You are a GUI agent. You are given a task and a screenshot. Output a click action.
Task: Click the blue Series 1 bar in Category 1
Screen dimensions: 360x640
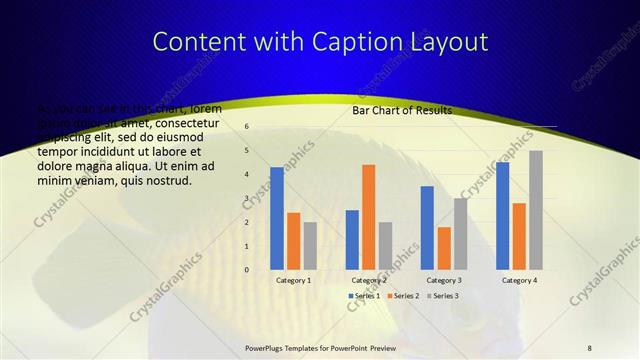point(277,218)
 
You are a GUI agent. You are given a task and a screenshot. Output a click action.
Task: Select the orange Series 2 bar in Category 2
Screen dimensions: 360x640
point(368,217)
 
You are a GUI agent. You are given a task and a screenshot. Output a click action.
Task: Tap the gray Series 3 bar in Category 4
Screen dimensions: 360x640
point(536,210)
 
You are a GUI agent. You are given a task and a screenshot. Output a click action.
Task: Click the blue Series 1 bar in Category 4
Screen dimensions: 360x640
point(502,216)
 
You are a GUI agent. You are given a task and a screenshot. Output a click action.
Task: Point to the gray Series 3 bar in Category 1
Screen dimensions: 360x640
point(310,246)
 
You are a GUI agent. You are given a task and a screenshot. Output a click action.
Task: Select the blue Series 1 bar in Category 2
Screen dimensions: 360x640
point(352,240)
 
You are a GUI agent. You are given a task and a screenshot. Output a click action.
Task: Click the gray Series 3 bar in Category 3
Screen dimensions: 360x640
point(460,234)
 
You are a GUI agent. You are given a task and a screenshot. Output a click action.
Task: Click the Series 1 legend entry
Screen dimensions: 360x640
point(365,296)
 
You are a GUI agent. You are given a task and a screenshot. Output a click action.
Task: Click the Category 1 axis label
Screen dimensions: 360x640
point(294,281)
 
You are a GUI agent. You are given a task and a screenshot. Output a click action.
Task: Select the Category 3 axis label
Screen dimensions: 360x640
point(444,281)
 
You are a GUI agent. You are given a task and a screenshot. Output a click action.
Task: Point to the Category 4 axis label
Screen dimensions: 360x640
point(519,281)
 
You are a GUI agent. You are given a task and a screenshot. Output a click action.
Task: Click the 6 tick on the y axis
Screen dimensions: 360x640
point(247,127)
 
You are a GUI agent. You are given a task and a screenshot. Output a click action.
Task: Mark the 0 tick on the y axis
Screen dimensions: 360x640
point(247,269)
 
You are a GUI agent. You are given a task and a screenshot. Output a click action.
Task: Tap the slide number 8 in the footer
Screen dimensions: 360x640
point(589,347)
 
